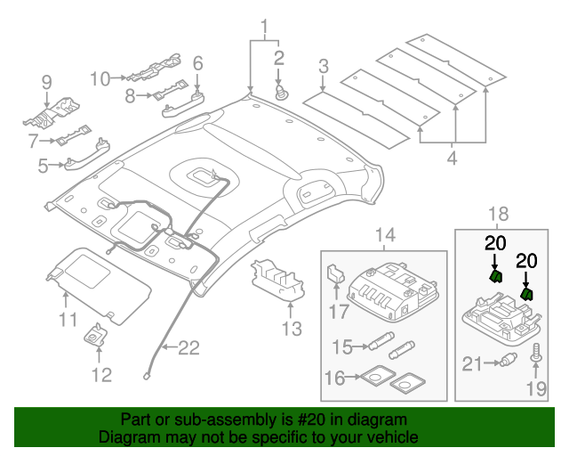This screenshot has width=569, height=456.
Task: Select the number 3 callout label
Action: (324, 65)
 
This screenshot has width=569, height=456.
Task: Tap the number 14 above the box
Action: (383, 235)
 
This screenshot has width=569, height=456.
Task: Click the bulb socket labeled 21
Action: (509, 362)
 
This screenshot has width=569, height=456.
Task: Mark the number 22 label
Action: (188, 348)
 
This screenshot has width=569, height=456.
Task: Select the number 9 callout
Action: (46, 83)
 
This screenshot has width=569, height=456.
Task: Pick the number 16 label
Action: (334, 379)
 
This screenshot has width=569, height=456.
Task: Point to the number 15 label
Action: (341, 346)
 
